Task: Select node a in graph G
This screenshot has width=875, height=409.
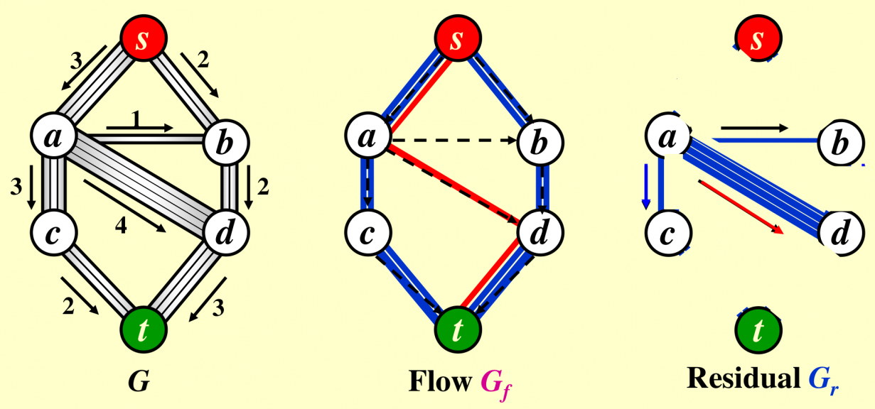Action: [x=54, y=137]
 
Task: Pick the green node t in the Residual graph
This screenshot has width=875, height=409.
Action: [x=758, y=329]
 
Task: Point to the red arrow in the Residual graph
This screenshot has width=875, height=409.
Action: [x=741, y=207]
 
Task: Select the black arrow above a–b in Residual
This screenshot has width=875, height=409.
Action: [x=754, y=129]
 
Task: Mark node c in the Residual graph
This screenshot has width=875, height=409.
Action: [x=667, y=232]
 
